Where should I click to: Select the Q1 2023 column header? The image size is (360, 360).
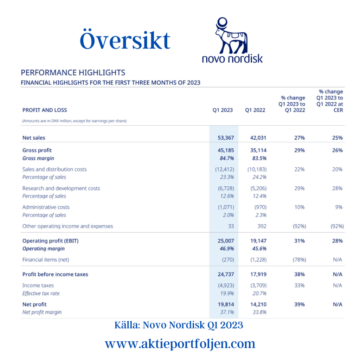(223, 110)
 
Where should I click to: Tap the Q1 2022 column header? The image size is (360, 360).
(255, 110)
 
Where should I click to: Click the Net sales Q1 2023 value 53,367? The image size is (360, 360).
(226, 138)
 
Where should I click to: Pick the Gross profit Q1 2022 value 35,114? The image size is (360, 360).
(258, 150)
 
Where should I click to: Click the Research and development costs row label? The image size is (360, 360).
(61, 188)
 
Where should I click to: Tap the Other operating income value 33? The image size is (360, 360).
(231, 226)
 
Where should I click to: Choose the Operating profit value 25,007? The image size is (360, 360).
(226, 241)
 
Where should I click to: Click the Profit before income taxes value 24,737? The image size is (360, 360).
(226, 274)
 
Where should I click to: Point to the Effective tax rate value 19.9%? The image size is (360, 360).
(226, 293)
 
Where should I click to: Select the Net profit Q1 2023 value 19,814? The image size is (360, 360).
(226, 304)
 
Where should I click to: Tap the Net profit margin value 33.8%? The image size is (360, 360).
(259, 312)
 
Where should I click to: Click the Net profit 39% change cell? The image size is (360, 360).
(300, 304)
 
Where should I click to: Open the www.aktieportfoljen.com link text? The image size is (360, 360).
(180, 343)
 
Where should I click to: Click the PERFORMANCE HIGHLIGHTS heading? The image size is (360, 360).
(73, 73)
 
